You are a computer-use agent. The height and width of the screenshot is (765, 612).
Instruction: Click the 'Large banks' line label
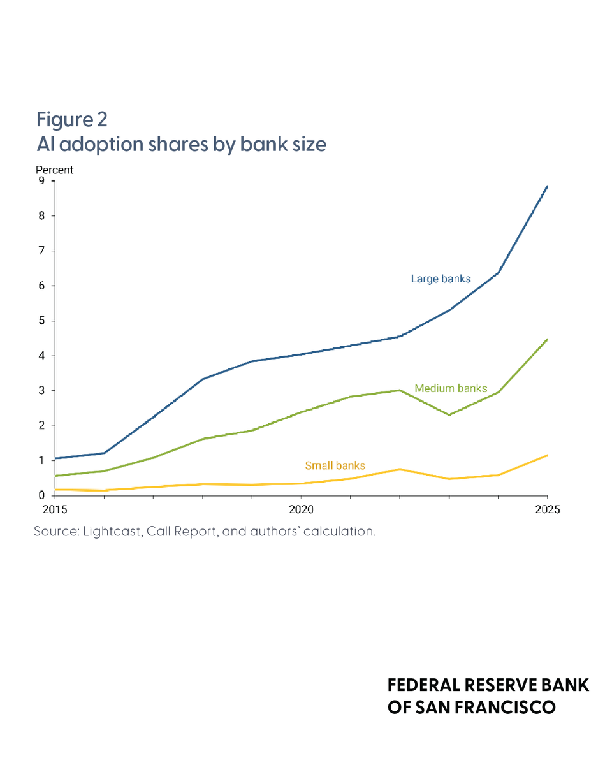pos(441,279)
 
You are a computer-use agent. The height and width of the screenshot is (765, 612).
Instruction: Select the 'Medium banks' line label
pos(451,388)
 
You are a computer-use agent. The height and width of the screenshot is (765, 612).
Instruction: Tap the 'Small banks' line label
pos(335,465)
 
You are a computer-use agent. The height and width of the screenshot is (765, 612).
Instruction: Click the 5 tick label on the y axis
pos(41,321)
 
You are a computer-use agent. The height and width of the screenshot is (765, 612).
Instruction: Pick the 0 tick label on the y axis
pos(41,495)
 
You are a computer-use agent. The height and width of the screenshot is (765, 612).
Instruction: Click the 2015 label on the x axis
pos(55,509)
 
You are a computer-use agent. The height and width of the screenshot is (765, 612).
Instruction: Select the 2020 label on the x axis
pos(301,509)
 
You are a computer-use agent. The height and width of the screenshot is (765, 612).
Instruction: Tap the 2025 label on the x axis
pos(548,509)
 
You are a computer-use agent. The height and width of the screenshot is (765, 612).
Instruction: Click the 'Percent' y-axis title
pos(54,170)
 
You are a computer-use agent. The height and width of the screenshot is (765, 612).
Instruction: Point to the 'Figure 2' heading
pos(72,119)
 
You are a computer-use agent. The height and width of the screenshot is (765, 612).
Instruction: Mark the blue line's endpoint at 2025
pos(547,186)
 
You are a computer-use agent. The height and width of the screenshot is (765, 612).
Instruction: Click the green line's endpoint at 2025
pos(547,339)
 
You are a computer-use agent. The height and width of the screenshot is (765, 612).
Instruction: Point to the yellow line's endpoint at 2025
pos(547,455)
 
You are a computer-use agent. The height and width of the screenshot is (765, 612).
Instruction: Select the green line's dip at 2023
pos(449,415)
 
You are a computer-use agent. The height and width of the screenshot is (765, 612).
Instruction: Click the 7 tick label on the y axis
pos(41,251)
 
